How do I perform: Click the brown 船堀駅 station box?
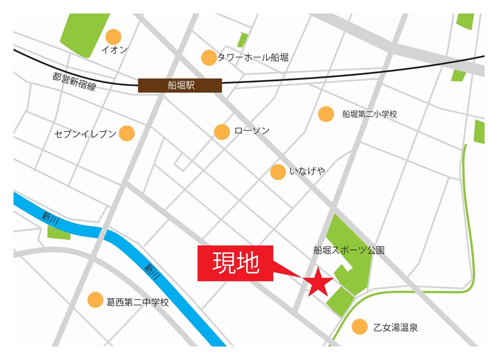(x=180, y=86)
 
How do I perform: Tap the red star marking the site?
(x=319, y=282)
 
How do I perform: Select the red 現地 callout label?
(x=236, y=263)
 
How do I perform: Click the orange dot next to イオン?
(x=113, y=36)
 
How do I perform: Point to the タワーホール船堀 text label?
(x=253, y=57)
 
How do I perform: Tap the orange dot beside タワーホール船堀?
(x=209, y=57)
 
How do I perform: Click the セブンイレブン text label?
(x=86, y=133)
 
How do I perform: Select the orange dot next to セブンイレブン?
(x=126, y=133)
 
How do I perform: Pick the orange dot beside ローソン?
(x=222, y=131)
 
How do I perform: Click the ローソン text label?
(x=251, y=131)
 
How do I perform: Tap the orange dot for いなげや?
(x=278, y=172)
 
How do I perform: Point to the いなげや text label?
(x=307, y=171)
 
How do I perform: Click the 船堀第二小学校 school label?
(x=370, y=114)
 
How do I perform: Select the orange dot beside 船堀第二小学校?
(x=326, y=114)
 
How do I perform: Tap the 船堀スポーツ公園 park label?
(x=349, y=251)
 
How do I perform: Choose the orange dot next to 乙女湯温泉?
(x=359, y=327)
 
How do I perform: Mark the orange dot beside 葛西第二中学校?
(x=95, y=300)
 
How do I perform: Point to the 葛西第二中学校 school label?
(x=138, y=302)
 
